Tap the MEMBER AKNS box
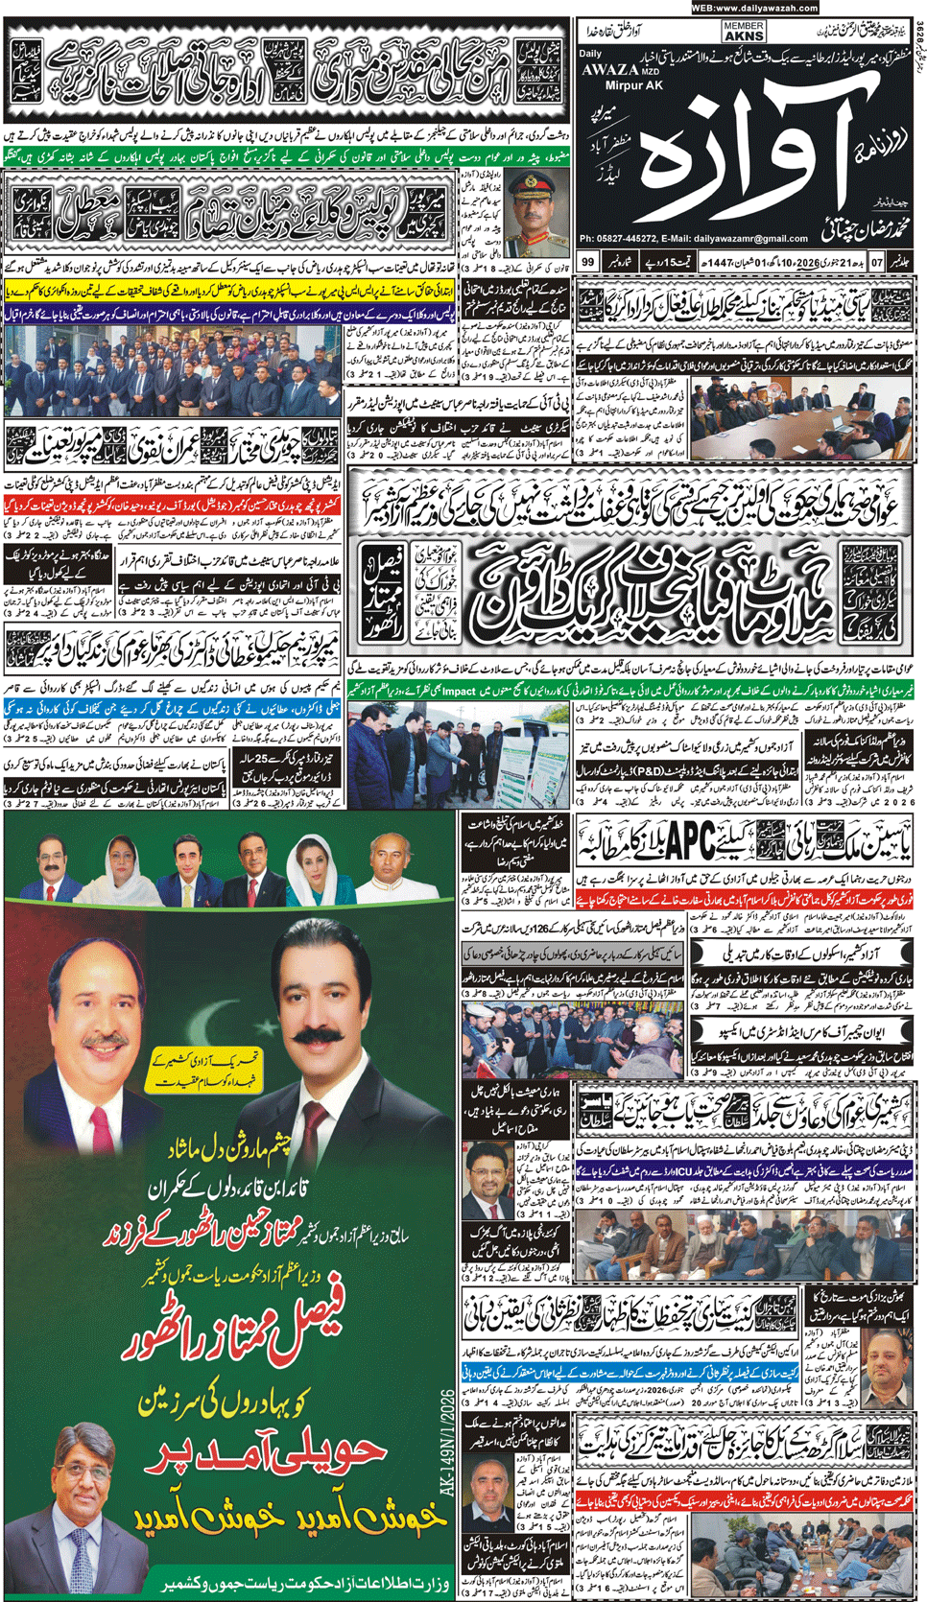[744, 32]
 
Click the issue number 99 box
[587, 262]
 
